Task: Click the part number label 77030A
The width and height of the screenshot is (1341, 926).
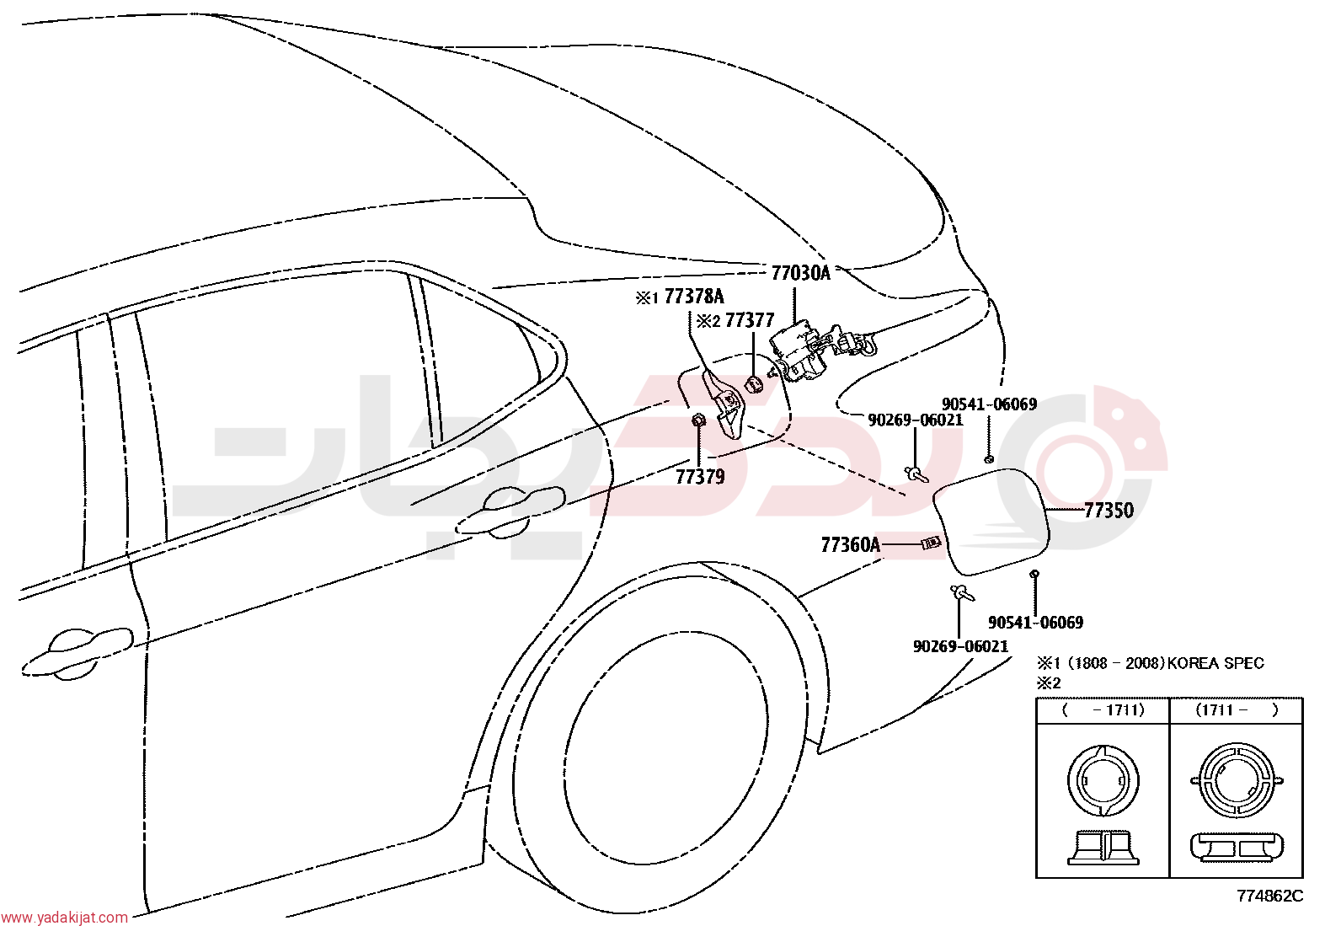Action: [x=800, y=273]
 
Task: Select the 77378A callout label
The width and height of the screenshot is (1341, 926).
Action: [x=694, y=297]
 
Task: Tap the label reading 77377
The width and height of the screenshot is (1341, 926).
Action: [x=750, y=320]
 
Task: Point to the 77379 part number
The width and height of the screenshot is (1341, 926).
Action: [x=700, y=477]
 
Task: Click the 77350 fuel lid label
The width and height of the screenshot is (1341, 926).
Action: [x=1109, y=511]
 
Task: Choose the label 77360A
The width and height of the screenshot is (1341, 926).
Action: [x=850, y=545]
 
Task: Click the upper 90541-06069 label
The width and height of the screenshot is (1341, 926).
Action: [x=989, y=404]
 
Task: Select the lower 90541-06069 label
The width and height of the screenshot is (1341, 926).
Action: [x=1035, y=623]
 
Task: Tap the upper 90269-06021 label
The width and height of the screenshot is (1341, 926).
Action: [x=916, y=420]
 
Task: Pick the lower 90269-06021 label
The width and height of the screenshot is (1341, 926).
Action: [x=960, y=646]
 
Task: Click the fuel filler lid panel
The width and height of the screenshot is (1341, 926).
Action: [x=991, y=521]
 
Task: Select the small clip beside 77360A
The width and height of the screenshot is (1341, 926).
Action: [x=931, y=543]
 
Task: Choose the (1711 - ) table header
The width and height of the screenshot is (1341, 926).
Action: [x=1237, y=709]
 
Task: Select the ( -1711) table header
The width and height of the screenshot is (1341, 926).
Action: [x=1103, y=709]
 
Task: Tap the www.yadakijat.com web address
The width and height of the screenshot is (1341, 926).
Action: [x=65, y=917]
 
